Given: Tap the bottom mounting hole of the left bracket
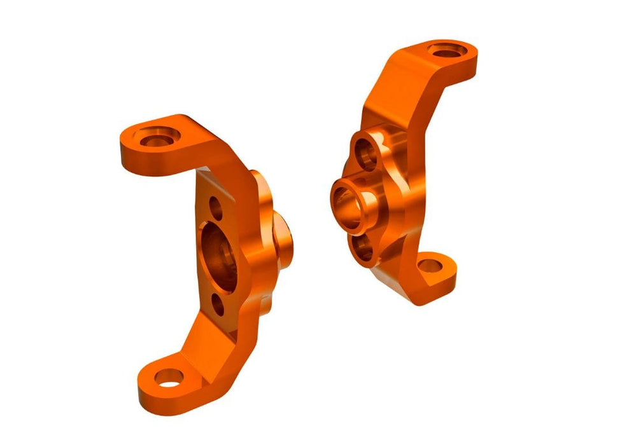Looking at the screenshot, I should (x=167, y=379).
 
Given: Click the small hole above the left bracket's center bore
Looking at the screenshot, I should (x=215, y=207).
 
